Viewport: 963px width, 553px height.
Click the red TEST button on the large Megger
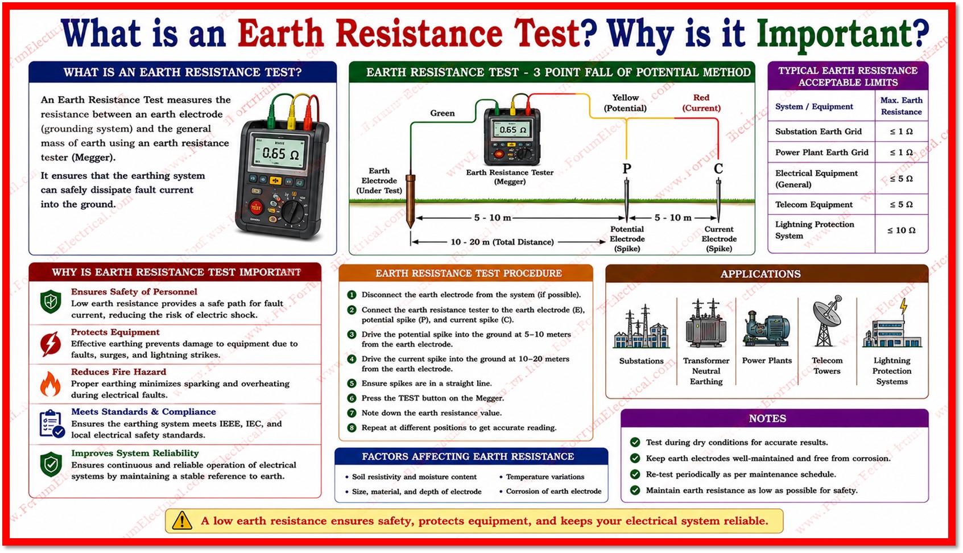point(256,208)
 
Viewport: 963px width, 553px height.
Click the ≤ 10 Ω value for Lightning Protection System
point(901,230)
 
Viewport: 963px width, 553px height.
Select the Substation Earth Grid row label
point(818,131)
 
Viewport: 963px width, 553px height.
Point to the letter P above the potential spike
point(627,168)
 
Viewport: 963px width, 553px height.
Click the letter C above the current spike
point(718,168)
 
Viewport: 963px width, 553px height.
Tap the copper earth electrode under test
point(411,200)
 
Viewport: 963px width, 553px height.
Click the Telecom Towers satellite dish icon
point(827,321)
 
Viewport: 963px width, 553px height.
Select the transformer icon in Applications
point(706,323)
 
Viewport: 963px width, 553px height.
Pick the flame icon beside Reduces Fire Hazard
point(50,383)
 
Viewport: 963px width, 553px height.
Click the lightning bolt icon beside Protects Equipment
point(50,344)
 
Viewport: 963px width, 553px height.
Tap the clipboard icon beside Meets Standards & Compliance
point(52,424)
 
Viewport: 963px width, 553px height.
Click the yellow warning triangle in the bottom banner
point(182,521)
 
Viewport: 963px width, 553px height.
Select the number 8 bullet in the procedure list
point(352,428)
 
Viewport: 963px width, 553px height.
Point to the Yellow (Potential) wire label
point(625,103)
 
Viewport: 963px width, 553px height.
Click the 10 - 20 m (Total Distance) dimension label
point(502,242)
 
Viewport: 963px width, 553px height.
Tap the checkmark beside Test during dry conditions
point(635,442)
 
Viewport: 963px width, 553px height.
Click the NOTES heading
point(767,418)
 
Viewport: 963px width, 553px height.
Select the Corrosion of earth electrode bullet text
point(553,491)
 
